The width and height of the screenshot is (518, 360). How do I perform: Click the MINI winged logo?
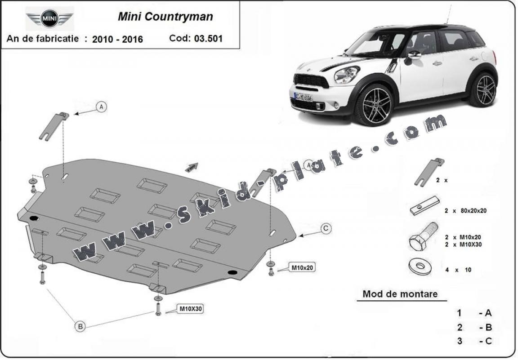tap(49, 18)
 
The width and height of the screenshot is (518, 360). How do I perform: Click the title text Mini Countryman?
tap(165, 17)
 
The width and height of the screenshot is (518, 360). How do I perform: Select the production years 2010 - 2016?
tap(117, 39)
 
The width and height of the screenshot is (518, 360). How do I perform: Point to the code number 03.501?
tap(208, 38)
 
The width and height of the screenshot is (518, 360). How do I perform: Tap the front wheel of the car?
tap(373, 105)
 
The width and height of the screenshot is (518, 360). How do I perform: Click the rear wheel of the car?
tap(483, 90)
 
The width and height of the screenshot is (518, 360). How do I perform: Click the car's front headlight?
tap(347, 75)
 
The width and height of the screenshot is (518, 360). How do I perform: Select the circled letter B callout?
tap(80, 327)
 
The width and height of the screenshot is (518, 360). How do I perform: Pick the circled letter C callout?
tap(326, 229)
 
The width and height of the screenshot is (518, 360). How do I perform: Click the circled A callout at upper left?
tap(102, 107)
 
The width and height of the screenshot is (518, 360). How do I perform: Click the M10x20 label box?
tap(302, 268)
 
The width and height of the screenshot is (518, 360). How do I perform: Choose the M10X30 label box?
tap(191, 309)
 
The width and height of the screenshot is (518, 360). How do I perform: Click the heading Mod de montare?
tap(400, 294)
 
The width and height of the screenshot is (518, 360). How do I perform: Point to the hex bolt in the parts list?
tap(423, 237)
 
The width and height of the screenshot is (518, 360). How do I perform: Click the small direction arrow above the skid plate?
tap(191, 167)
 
